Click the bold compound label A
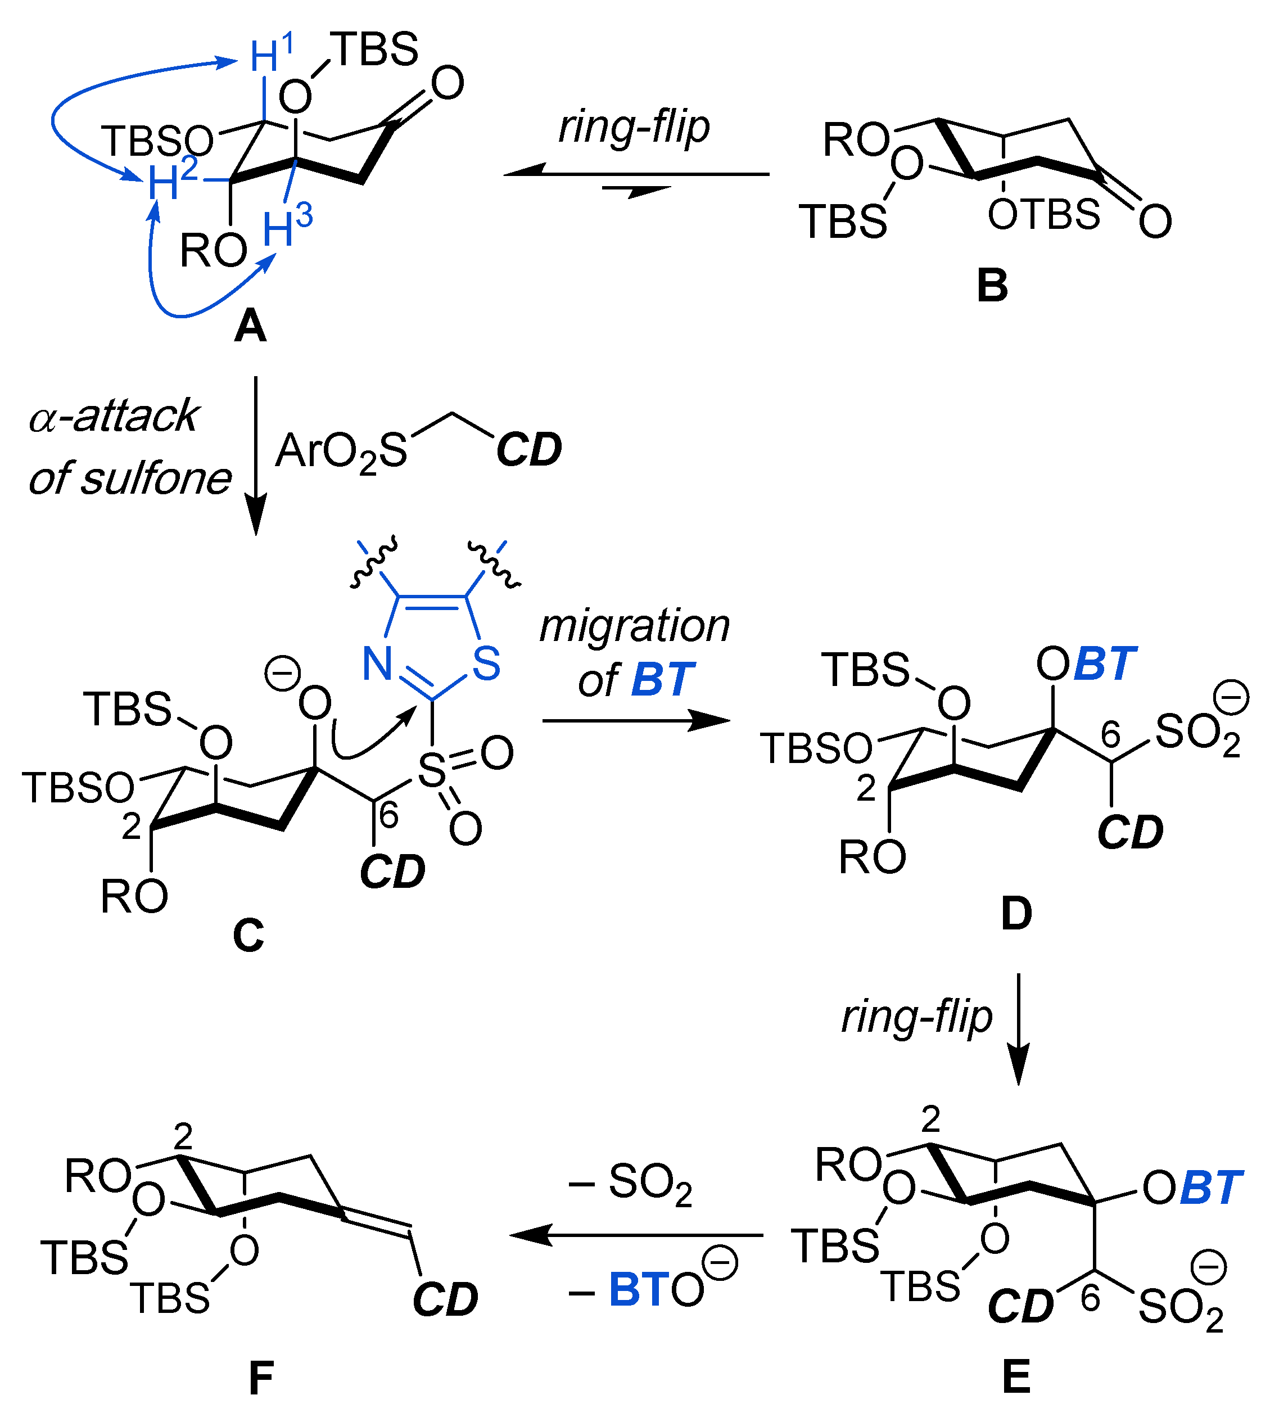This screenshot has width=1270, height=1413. (250, 327)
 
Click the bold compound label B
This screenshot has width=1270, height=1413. (992, 286)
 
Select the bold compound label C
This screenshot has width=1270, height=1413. (248, 935)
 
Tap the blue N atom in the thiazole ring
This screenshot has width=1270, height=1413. (377, 663)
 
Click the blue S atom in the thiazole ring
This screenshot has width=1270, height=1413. (486, 663)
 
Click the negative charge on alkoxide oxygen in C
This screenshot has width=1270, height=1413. (283, 674)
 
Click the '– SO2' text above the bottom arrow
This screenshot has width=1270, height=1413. (630, 1185)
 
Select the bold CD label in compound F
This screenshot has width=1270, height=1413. (445, 1299)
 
